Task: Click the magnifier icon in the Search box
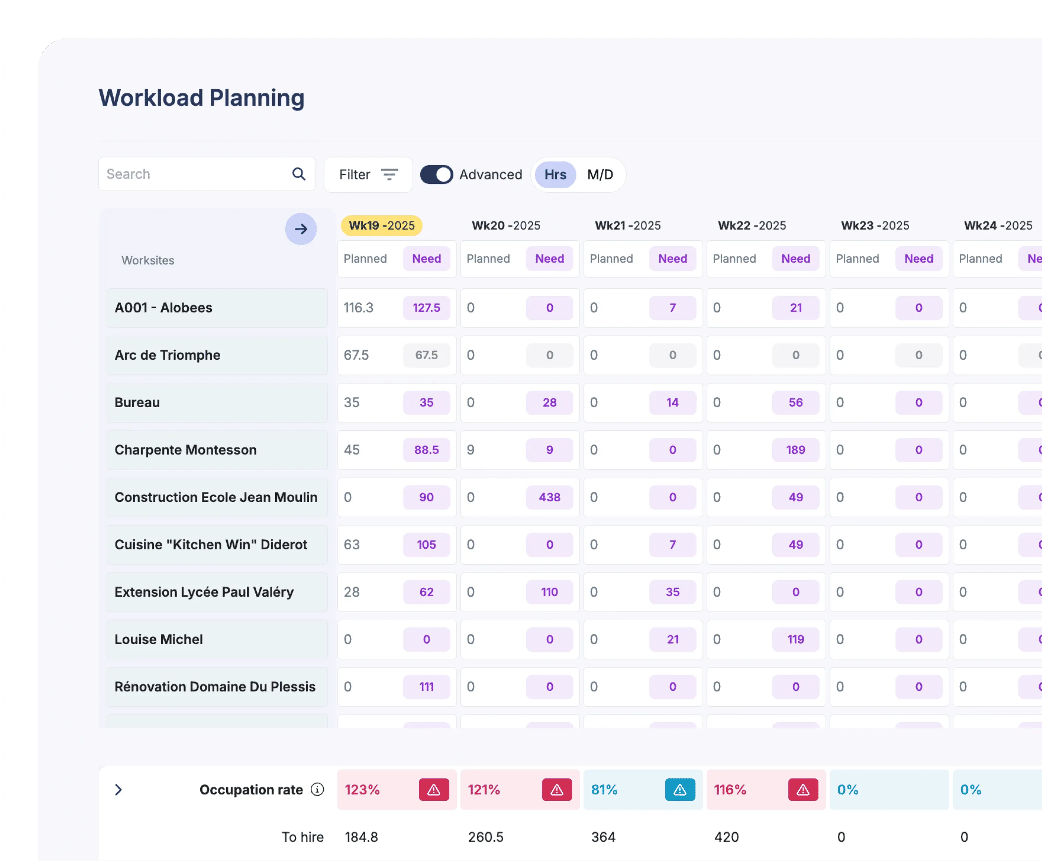point(299,174)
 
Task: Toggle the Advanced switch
point(436,175)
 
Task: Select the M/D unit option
point(600,175)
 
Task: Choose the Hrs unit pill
point(555,175)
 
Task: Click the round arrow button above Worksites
point(301,229)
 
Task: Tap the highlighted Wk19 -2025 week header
point(381,226)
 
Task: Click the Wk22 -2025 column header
point(752,226)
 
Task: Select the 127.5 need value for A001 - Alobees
point(426,308)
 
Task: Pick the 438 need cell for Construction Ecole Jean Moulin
point(549,497)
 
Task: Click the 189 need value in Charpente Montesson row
point(795,450)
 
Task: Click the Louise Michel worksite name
point(159,639)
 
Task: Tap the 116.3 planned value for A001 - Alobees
point(358,308)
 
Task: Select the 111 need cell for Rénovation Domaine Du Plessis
point(426,687)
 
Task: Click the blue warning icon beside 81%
point(680,790)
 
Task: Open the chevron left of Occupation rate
point(118,790)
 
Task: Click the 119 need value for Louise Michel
point(795,639)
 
